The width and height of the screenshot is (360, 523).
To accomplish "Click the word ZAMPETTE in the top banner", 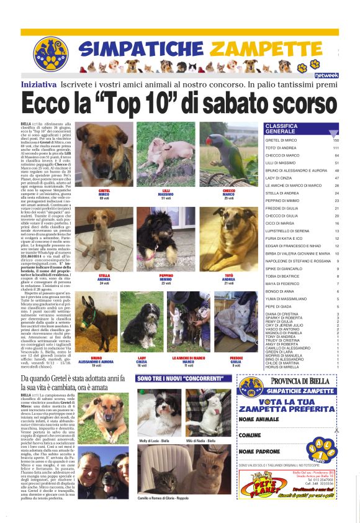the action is coord(264,48).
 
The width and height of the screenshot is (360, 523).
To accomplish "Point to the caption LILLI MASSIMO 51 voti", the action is coord(166,194).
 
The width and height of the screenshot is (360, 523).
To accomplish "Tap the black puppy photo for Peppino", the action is coord(166,239).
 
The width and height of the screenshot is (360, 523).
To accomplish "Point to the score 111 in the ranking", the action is coord(335,148).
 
